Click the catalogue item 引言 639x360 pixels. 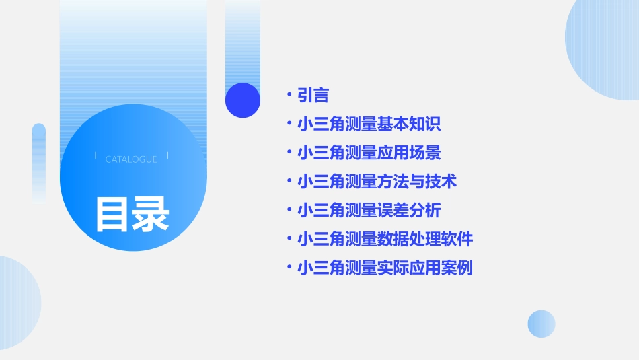pos(313,96)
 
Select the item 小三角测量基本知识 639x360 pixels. pos(369,124)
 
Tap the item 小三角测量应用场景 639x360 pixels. pos(369,153)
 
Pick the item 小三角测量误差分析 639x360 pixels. pos(369,211)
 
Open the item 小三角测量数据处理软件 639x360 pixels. pos(385,239)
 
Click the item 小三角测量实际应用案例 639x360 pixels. pos(385,268)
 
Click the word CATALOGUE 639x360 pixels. pos(131,159)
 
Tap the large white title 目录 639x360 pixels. pos(132,215)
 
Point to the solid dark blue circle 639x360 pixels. pos(243,100)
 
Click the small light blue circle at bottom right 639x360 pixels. pos(541,324)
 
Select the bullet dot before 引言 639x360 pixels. pos(289,96)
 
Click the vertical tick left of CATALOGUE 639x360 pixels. pos(96,156)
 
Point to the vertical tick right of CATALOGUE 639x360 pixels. pos(167,156)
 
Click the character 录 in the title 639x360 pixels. pos(151,215)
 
